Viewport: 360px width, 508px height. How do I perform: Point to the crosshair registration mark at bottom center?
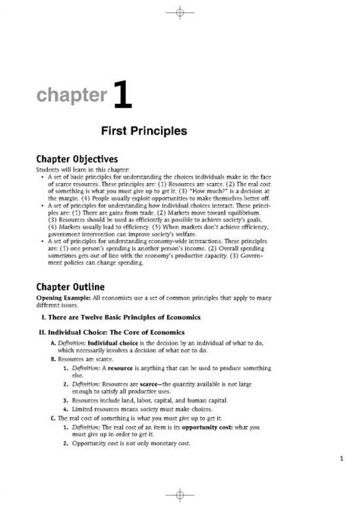click(179, 497)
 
